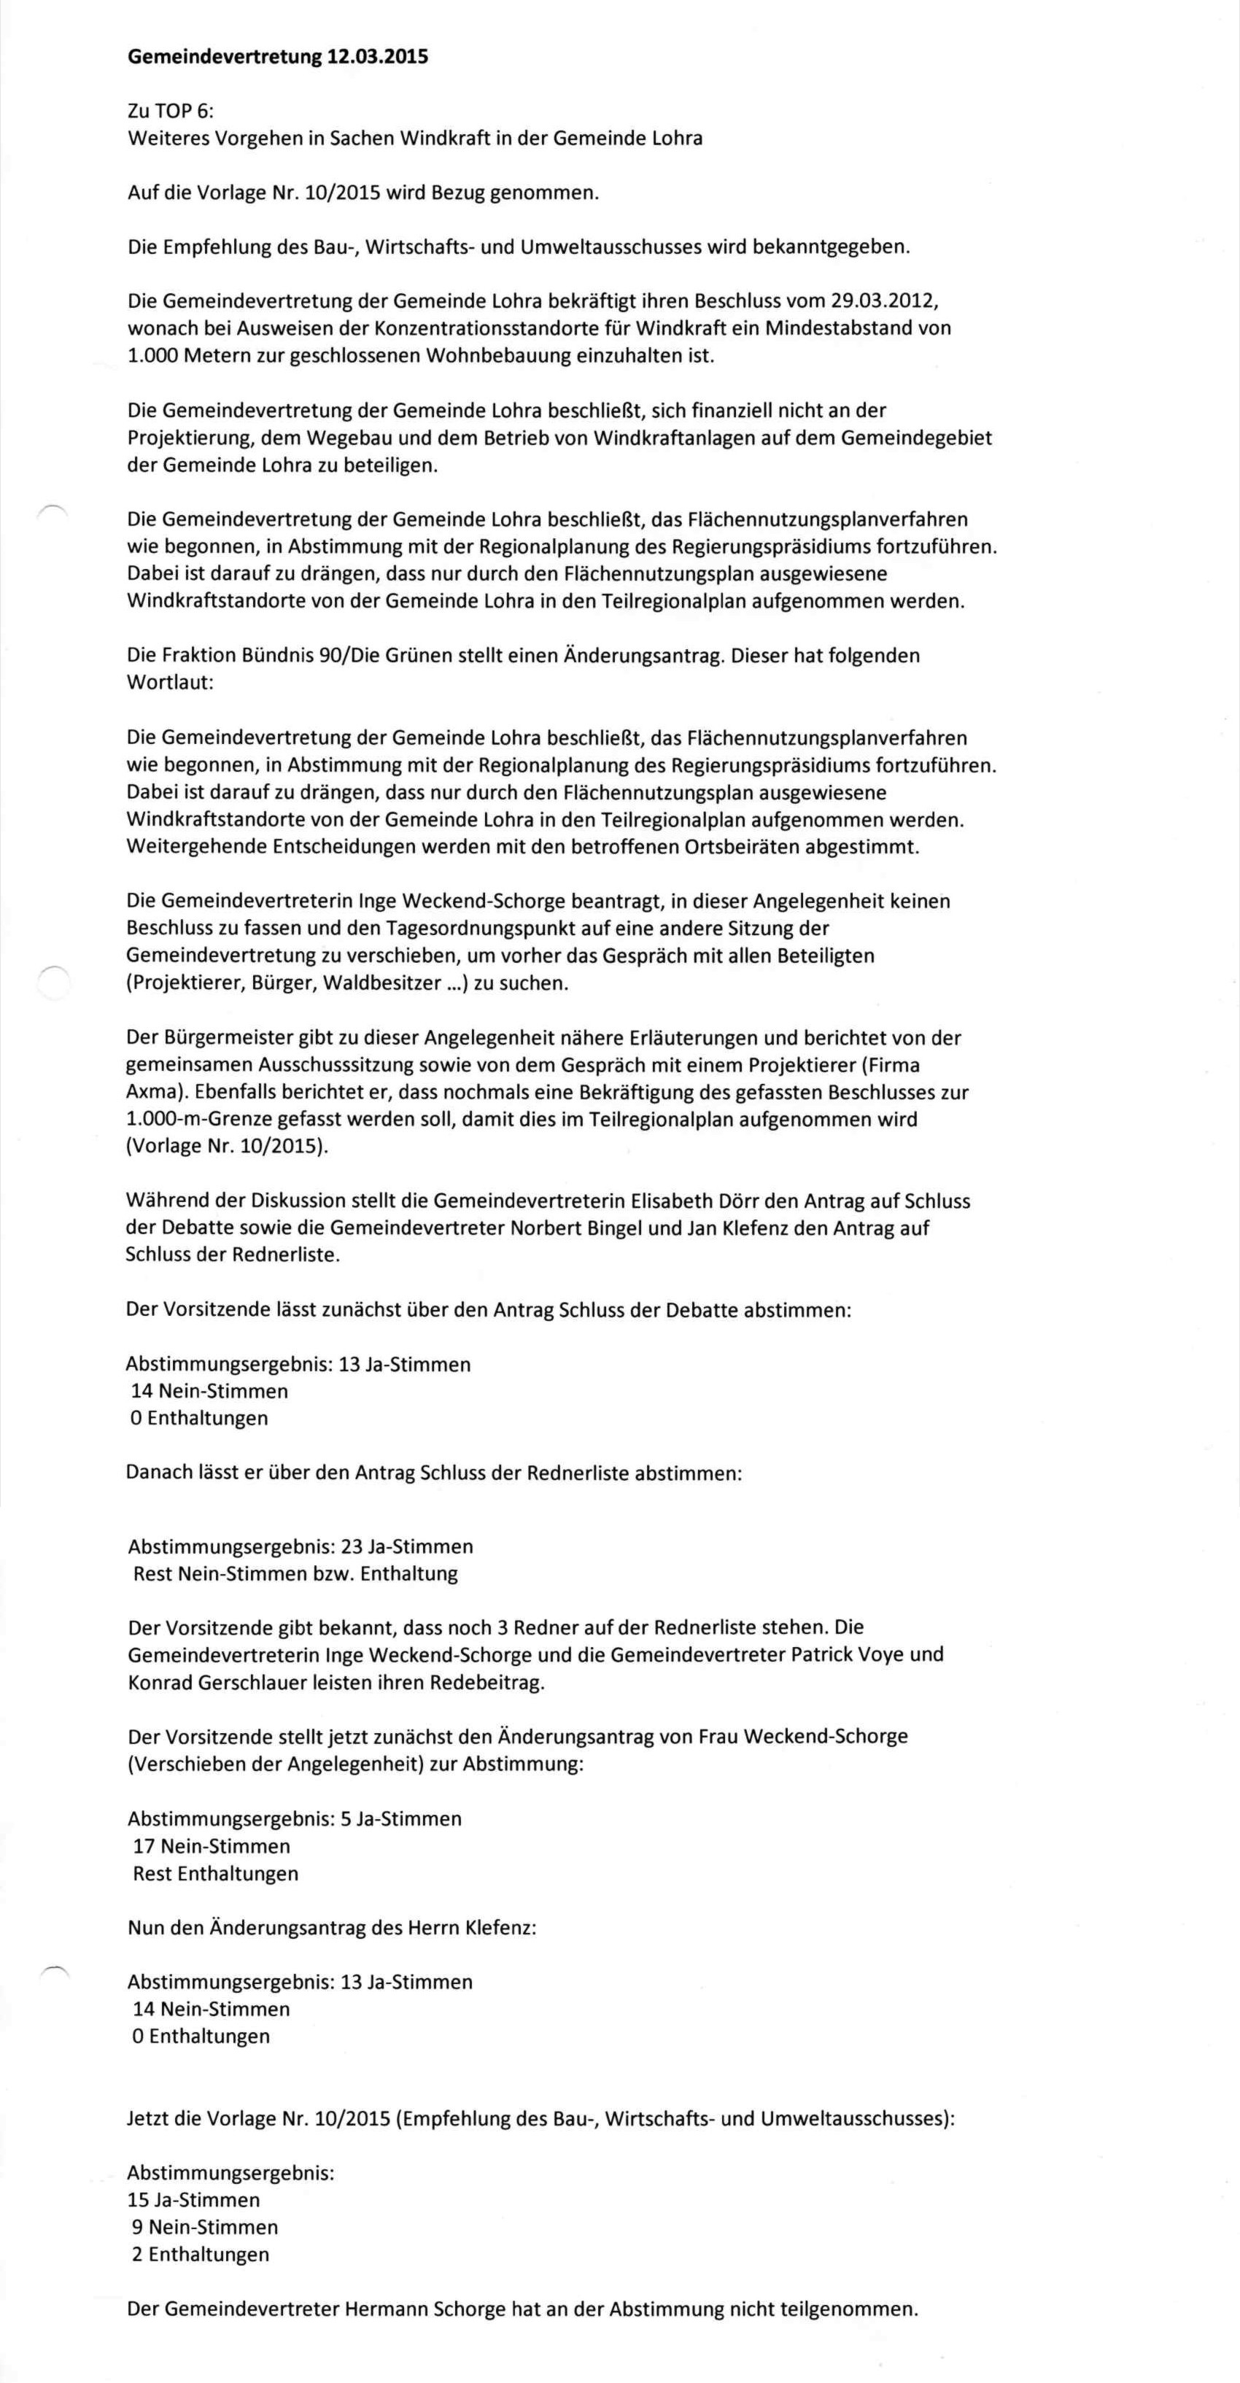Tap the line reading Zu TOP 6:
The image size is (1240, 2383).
170,111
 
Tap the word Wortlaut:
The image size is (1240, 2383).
169,683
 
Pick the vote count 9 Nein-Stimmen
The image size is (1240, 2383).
206,2227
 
